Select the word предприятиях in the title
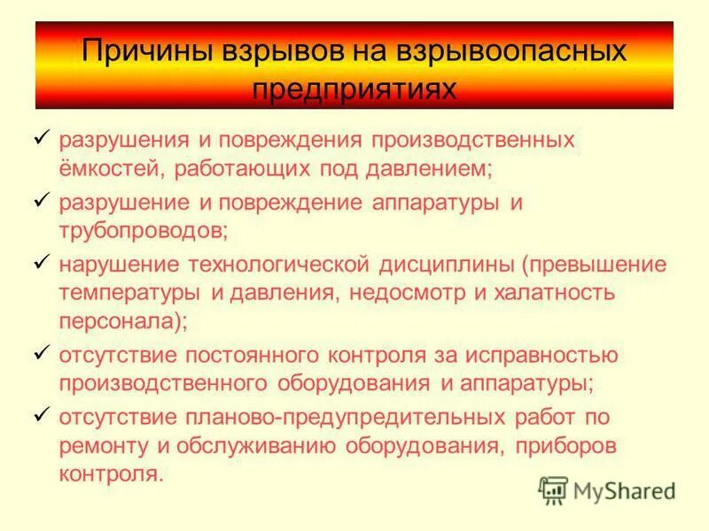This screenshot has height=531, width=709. (354, 89)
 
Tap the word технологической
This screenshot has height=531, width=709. (289, 265)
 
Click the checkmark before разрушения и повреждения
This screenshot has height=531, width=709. (41, 139)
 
